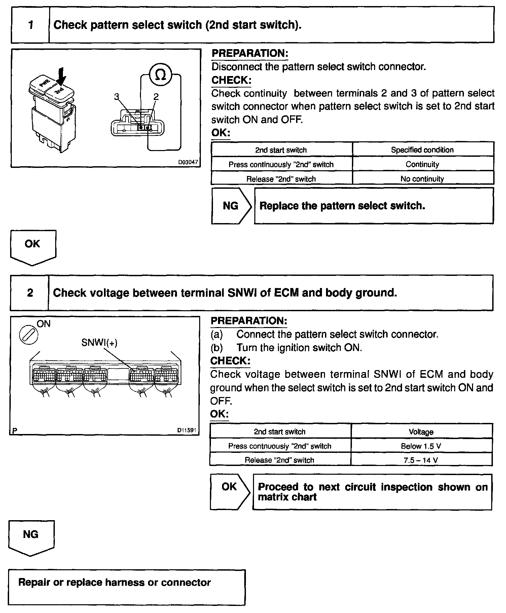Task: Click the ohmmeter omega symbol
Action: pos(161,75)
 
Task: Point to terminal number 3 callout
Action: pos(116,97)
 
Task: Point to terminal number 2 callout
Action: pos(156,97)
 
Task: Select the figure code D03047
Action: pos(188,162)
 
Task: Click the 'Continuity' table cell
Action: pos(422,164)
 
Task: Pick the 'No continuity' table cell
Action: pos(422,179)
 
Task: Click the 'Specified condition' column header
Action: pos(422,150)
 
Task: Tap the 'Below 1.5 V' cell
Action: pos(421,446)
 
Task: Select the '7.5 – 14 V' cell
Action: pos(421,460)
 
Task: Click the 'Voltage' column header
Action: pos(421,432)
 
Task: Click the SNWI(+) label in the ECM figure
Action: pos(99,342)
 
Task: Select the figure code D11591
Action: pos(187,430)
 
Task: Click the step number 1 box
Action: pos(31,25)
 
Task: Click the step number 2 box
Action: pos(30,293)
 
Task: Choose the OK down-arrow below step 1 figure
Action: pos(33,247)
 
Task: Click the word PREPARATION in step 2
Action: pos(249,321)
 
